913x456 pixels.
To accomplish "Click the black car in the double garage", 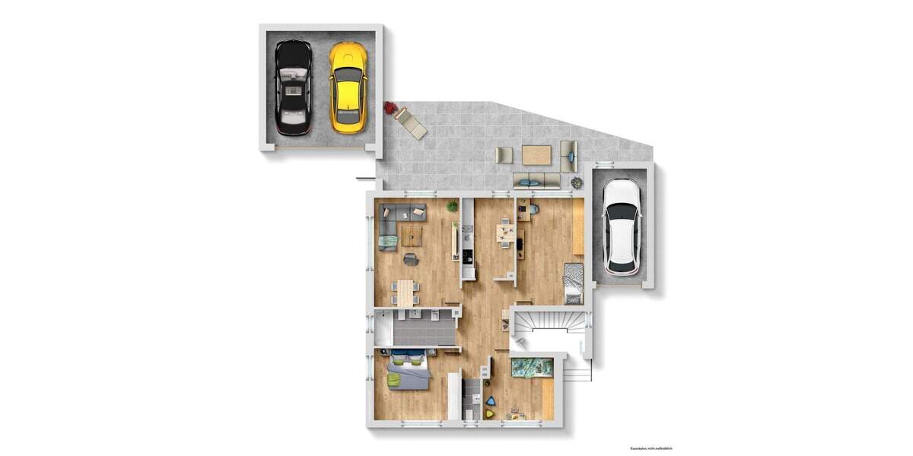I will coord(293,87).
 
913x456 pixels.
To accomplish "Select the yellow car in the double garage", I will coord(348,86).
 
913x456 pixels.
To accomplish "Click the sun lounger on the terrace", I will coord(412,123).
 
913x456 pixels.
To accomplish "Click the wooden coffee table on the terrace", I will coord(536,154).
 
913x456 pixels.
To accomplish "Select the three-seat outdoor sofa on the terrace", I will coord(536,180).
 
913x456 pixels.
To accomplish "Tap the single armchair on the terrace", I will coord(504,155).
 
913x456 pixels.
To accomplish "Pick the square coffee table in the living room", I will coord(412,236).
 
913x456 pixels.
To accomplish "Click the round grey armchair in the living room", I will coord(411,260).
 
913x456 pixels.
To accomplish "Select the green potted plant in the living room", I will coord(452,206).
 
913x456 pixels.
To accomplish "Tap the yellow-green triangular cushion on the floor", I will coord(488,414).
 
